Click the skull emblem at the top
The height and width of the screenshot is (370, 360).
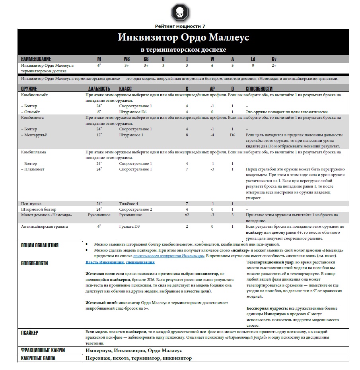(x=180, y=13)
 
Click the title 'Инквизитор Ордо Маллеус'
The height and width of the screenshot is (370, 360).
(x=183, y=38)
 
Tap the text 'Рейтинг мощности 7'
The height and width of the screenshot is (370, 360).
(x=180, y=26)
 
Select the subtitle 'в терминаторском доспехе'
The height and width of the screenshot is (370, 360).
(x=183, y=50)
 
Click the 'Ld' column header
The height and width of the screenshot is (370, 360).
(x=253, y=59)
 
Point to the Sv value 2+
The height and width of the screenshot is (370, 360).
(x=274, y=66)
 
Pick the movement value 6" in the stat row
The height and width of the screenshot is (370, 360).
(x=99, y=66)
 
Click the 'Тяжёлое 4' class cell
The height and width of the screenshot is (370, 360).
(x=128, y=203)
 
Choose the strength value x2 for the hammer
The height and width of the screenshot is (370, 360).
(x=187, y=215)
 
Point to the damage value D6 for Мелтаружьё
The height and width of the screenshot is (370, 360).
(x=233, y=135)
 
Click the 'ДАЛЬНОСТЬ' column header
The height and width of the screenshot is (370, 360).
(x=99, y=89)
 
